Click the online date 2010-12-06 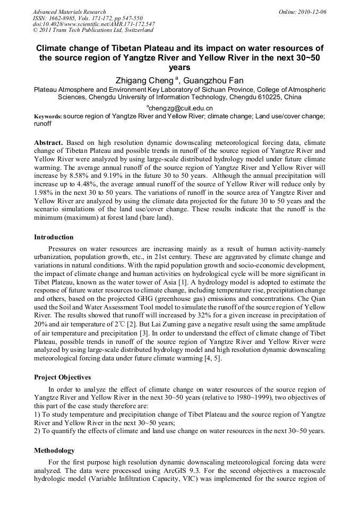coord(311,12)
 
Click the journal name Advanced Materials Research coord(70,12)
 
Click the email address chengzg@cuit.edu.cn coord(182,108)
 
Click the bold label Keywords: coord(48,116)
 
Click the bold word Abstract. coord(48,143)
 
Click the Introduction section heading coord(54,237)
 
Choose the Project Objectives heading coord(63,377)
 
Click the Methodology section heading coord(55,450)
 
